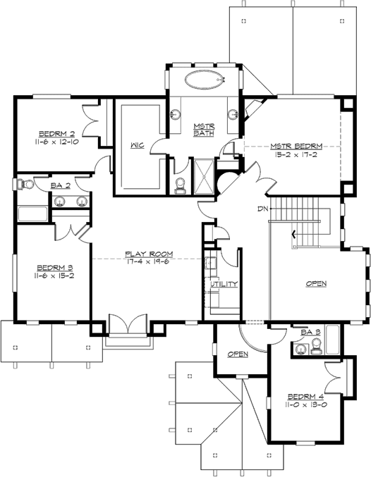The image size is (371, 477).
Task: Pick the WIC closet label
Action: coord(138,145)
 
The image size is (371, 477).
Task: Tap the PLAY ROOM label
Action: coord(150,253)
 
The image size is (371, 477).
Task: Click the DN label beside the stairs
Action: coord(262,209)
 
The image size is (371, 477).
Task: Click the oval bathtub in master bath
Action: coord(204,80)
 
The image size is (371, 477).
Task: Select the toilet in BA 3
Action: coord(315,344)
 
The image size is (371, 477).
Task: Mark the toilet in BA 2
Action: coord(28,185)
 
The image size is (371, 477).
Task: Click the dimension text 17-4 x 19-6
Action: coord(150,261)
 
